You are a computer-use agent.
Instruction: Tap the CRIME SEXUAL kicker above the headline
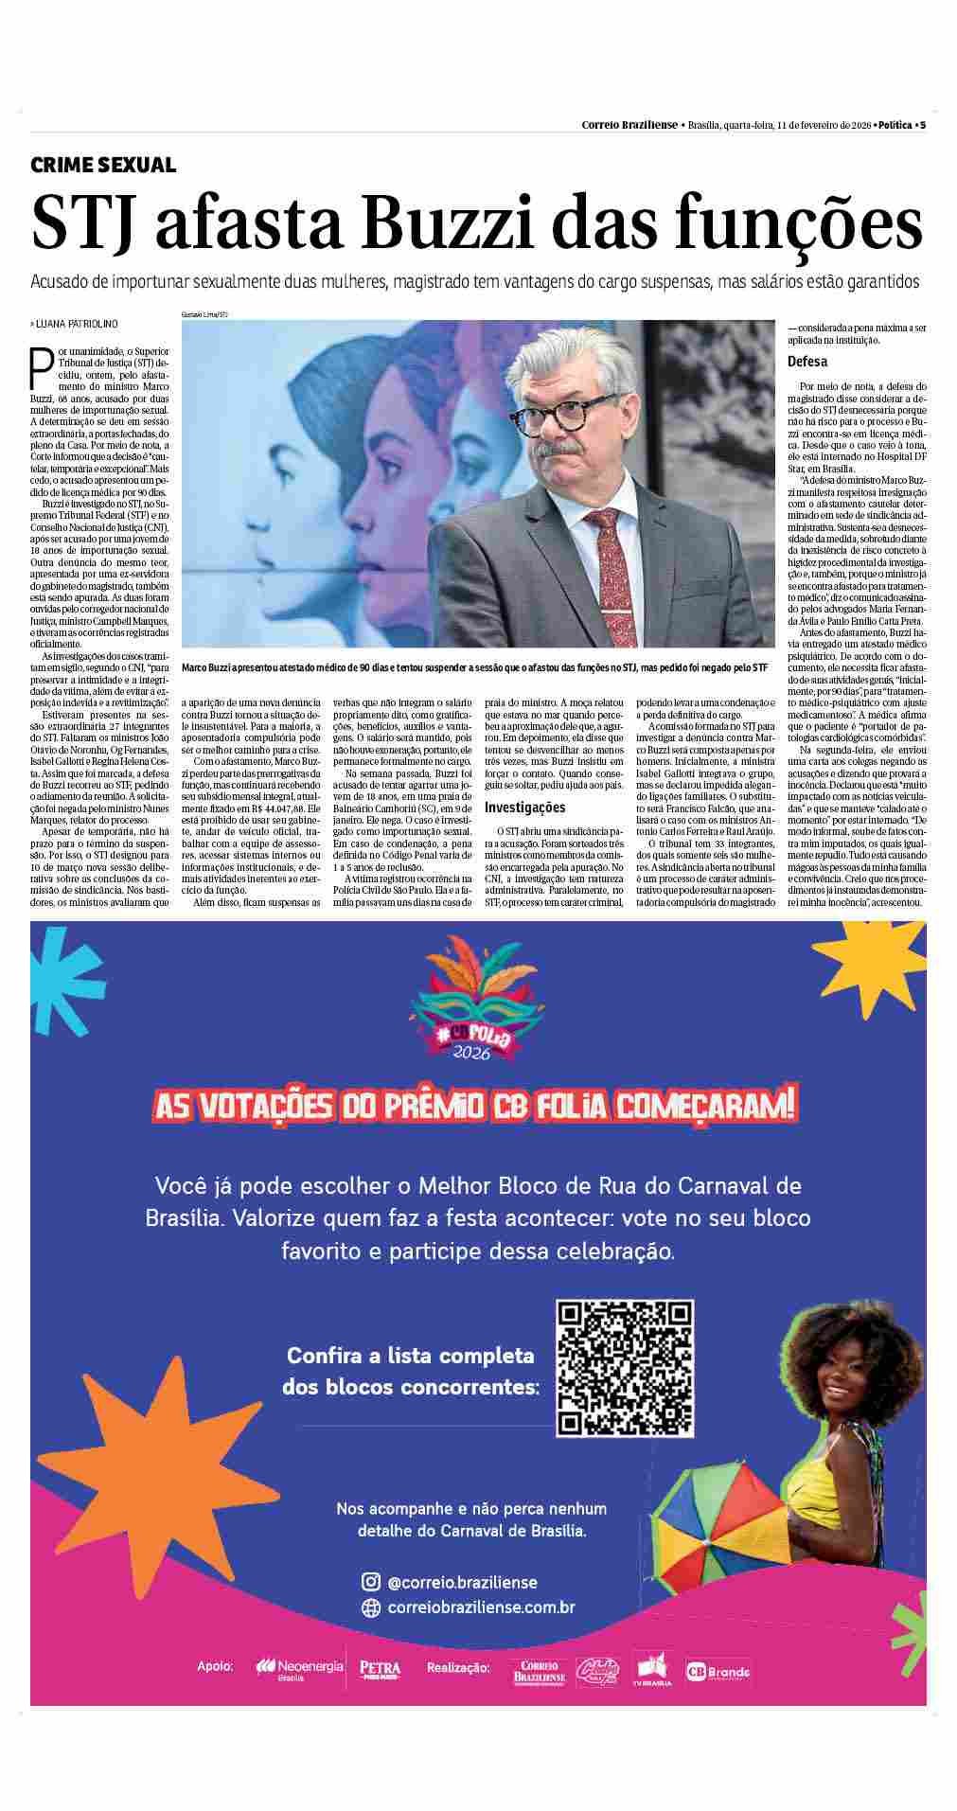pos(103,165)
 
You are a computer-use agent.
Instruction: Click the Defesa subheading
pos(807,362)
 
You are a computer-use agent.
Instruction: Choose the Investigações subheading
pos(524,808)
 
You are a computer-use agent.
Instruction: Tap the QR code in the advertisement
pos(625,1368)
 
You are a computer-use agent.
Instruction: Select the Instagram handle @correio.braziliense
pos(462,1582)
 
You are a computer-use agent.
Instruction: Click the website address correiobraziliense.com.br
pos(481,1607)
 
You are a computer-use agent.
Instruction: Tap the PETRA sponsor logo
pos(380,1668)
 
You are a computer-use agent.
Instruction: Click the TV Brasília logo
pos(652,1668)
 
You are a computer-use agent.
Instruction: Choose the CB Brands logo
pos(717,1672)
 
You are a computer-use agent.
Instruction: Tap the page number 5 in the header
pos(923,125)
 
